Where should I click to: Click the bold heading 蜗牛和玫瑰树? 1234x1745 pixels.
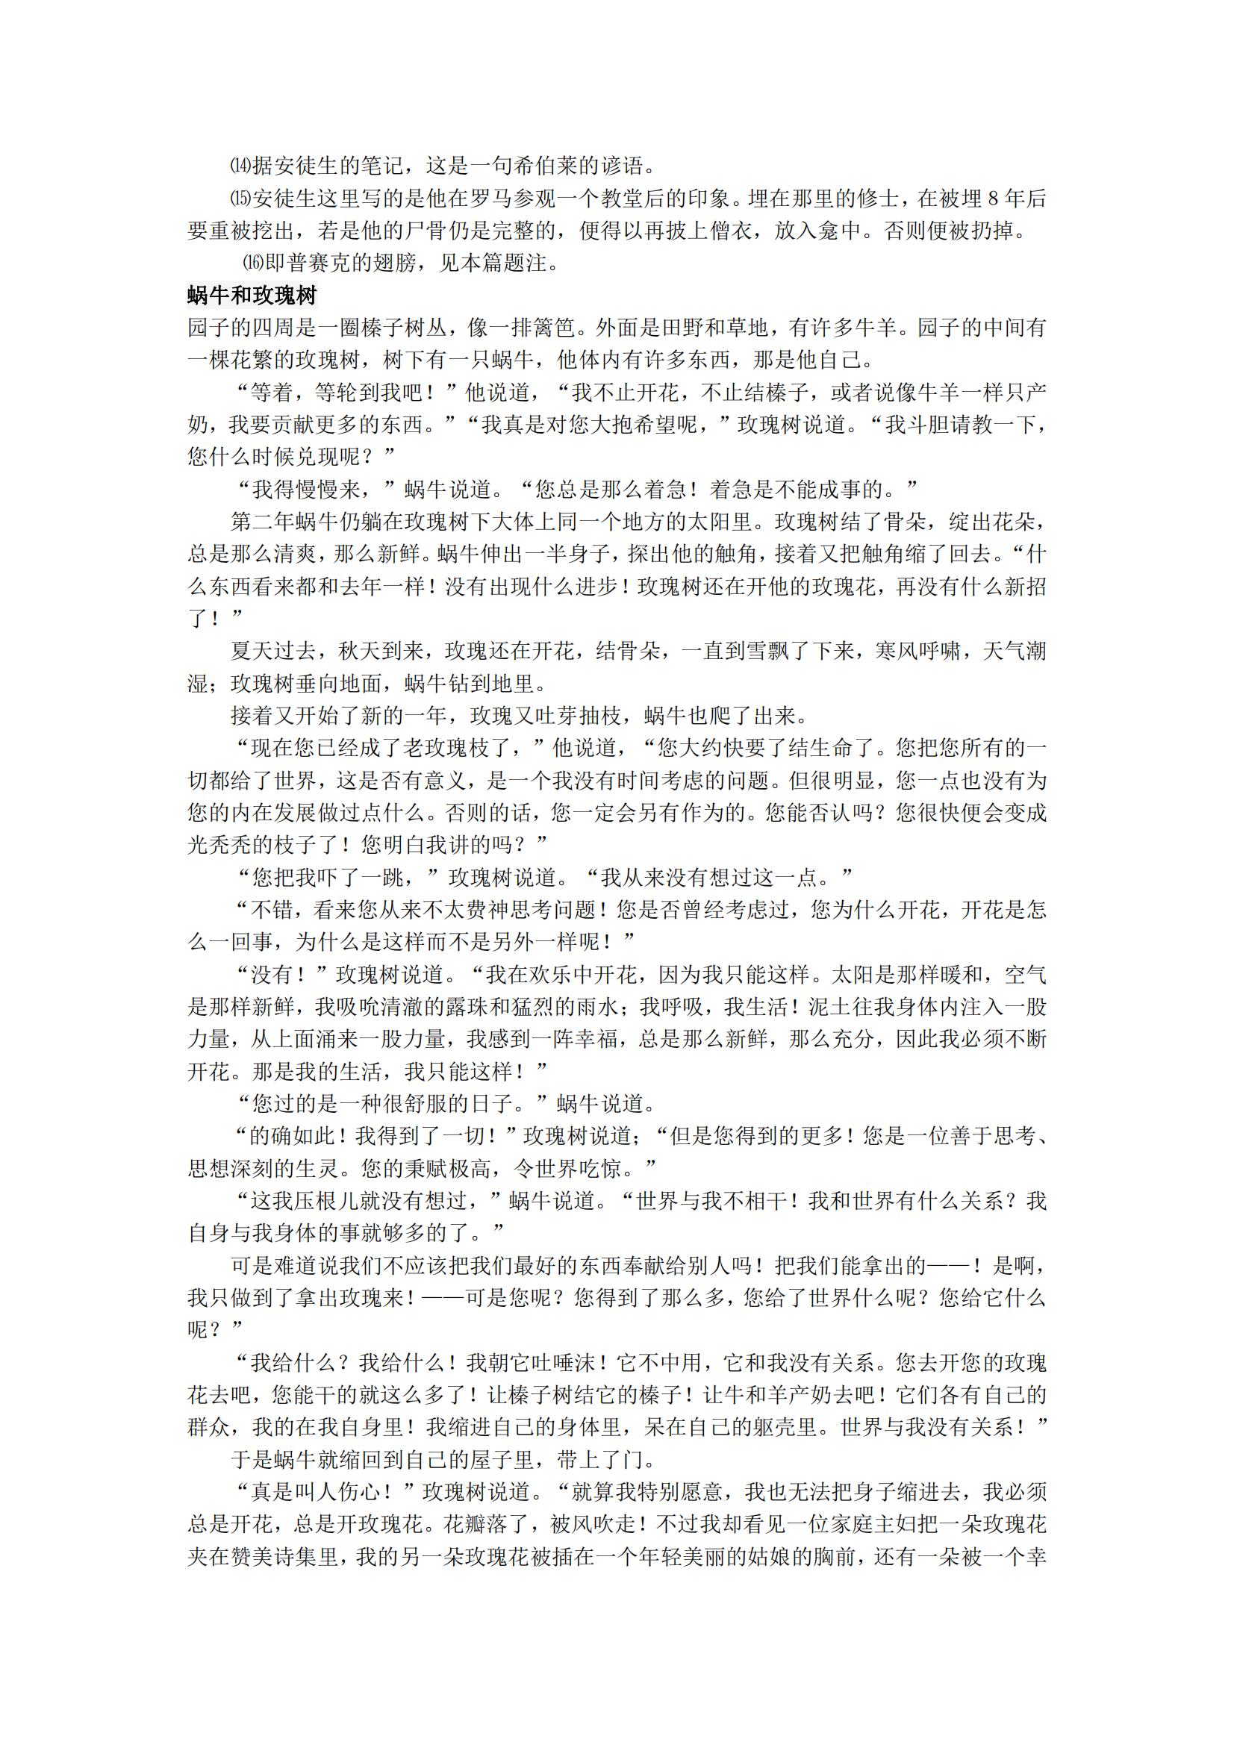(252, 295)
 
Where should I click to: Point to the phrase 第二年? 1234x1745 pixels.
(262, 522)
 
